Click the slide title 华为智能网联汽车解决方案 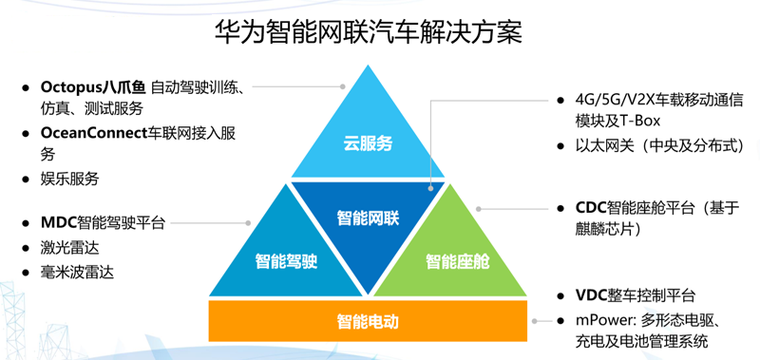(369, 33)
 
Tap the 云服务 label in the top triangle (368, 143)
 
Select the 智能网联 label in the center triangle (368, 218)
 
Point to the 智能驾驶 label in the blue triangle (287, 261)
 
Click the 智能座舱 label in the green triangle (458, 261)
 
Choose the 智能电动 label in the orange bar (368, 321)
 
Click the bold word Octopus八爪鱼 (93, 87)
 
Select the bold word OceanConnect (93, 133)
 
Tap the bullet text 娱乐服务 (69, 179)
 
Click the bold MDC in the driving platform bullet (59, 223)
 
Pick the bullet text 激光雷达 (69, 248)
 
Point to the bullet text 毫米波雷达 (77, 273)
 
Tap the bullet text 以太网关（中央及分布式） (659, 146)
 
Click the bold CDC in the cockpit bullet (591, 208)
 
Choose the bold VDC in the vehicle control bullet (592, 295)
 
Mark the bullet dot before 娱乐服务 (26, 180)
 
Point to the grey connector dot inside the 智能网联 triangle (431, 187)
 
